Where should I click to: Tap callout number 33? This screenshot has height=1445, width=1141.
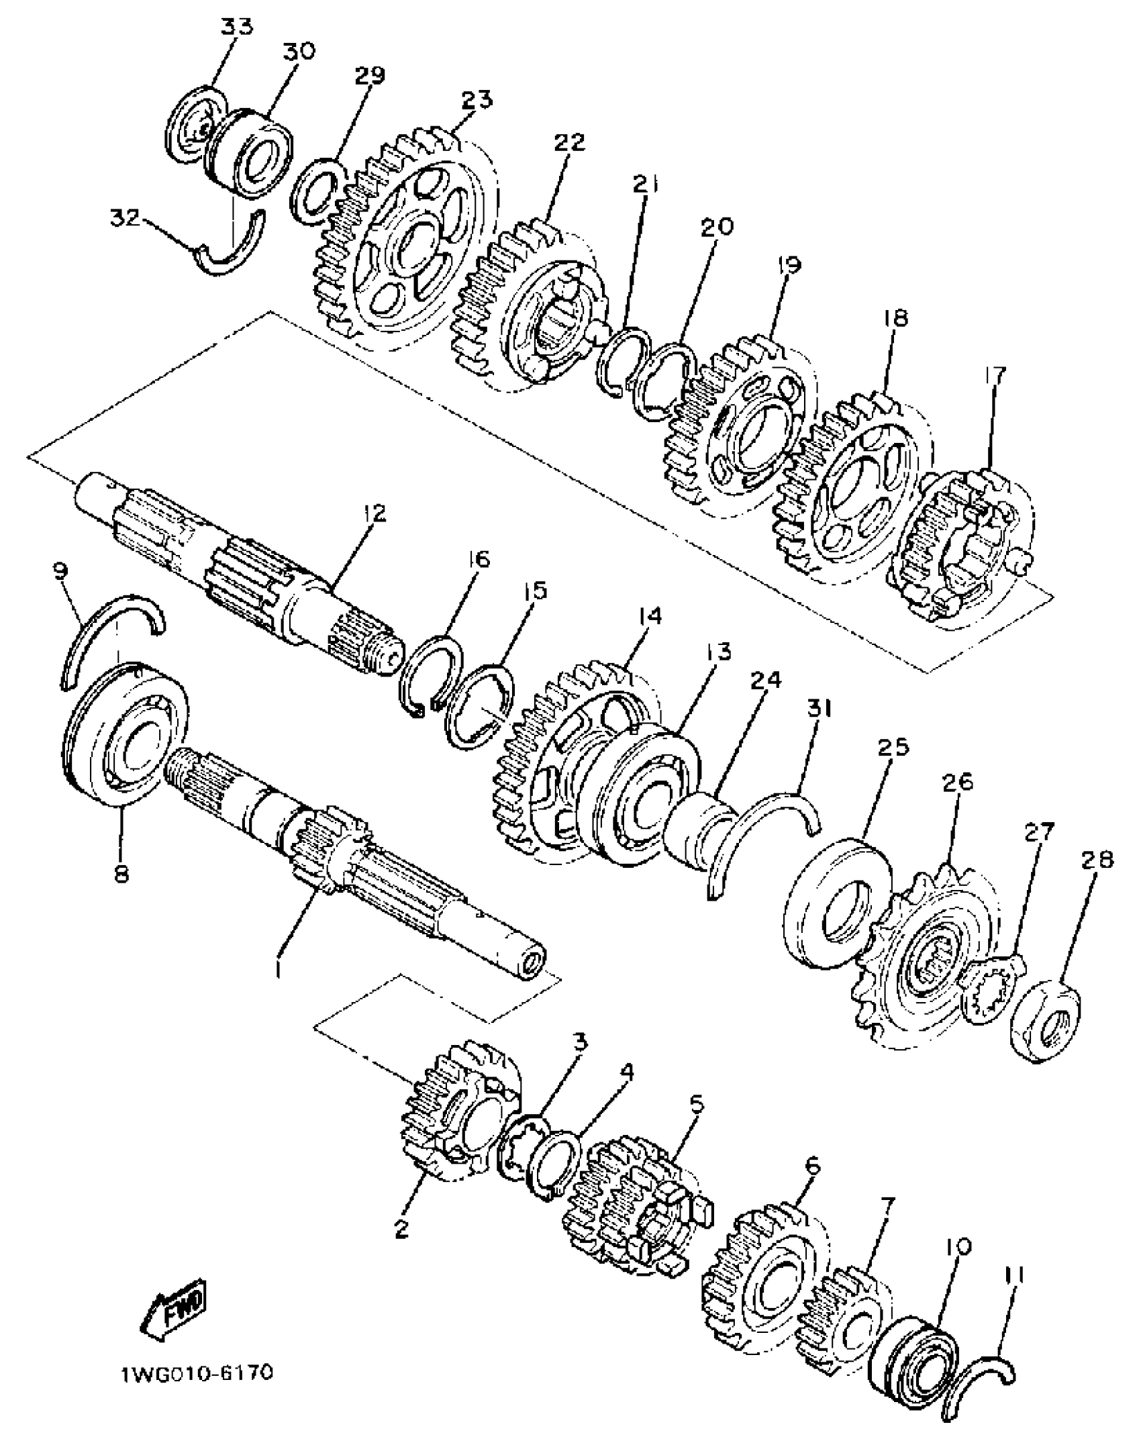[x=237, y=28]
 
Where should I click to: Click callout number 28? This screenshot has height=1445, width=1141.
[x=1097, y=860]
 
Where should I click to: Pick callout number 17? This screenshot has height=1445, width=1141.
[x=995, y=377]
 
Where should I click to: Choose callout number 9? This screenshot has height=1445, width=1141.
[x=60, y=571]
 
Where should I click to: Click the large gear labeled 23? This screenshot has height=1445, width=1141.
[x=403, y=242]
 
